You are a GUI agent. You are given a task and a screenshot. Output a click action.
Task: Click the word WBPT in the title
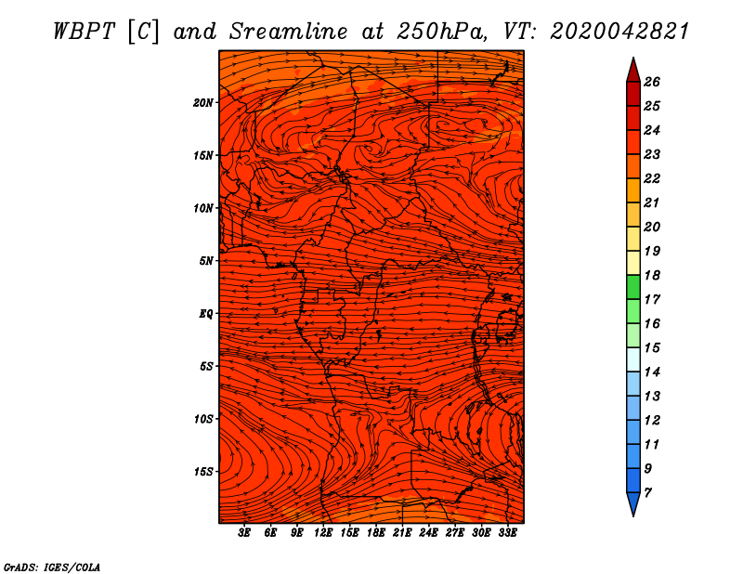click(84, 32)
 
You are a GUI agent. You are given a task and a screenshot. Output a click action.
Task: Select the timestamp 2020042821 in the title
click(619, 32)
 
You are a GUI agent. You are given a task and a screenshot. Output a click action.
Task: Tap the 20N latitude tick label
click(203, 103)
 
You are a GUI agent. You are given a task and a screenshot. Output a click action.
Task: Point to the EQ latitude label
click(205, 314)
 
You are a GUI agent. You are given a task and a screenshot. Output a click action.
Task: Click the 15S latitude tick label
click(203, 472)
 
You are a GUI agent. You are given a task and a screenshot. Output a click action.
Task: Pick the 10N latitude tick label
click(203, 208)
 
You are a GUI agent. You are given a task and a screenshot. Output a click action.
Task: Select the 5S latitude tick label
click(205, 366)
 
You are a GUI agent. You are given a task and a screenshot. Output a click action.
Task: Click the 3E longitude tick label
click(244, 533)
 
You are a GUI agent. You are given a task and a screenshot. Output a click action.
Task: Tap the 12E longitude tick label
click(323, 533)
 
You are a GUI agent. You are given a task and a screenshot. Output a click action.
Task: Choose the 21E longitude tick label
click(402, 533)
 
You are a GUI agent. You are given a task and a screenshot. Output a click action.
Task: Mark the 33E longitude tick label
click(507, 533)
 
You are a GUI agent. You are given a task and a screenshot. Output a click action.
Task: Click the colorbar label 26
click(652, 82)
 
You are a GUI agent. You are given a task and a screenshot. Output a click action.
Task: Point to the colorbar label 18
click(652, 275)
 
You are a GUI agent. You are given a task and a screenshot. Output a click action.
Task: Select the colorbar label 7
click(647, 492)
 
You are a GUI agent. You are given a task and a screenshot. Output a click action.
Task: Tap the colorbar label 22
click(652, 178)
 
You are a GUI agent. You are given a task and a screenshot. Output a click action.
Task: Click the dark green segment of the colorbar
click(633, 287)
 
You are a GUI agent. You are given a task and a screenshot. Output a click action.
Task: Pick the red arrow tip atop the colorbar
click(633, 59)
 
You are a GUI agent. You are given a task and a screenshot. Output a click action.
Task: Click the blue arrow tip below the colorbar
click(633, 515)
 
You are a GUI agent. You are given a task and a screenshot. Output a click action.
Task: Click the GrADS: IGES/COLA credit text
click(52, 567)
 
